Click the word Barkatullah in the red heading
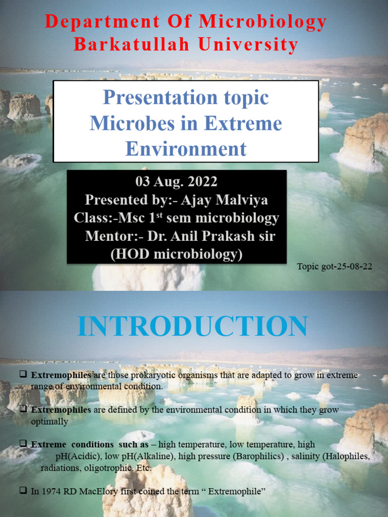point(131,44)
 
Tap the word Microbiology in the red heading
point(263,22)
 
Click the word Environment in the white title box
point(186,149)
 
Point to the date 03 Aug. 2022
point(176,182)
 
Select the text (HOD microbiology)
point(176,254)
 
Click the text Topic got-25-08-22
point(335,267)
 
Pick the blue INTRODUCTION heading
point(193,326)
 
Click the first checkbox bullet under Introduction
point(23,375)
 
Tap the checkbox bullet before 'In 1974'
point(23,491)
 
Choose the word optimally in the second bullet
point(49,421)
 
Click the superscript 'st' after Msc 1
point(166,215)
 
